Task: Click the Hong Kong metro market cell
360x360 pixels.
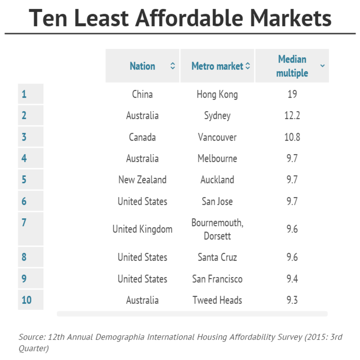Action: click(x=217, y=94)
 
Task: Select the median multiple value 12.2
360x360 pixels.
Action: click(x=292, y=116)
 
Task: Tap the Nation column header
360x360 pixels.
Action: click(x=142, y=66)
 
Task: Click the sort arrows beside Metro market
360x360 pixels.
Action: click(x=247, y=66)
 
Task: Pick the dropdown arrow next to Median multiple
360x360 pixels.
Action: click(x=322, y=66)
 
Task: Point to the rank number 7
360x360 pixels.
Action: click(x=24, y=222)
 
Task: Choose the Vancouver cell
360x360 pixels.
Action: click(x=217, y=137)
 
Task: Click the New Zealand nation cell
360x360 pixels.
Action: click(x=142, y=180)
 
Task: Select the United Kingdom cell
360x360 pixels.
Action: click(x=142, y=229)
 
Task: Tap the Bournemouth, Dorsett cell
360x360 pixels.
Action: click(x=217, y=229)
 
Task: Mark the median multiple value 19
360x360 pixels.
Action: click(x=292, y=94)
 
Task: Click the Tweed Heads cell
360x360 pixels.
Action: click(x=217, y=300)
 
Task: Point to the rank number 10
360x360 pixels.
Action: click(x=26, y=300)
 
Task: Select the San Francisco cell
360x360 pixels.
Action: click(x=217, y=279)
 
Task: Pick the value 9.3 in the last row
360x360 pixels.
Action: click(x=292, y=300)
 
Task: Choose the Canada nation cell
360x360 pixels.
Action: click(x=142, y=137)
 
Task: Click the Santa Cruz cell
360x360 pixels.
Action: click(x=217, y=257)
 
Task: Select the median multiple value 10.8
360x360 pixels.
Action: click(x=292, y=137)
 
